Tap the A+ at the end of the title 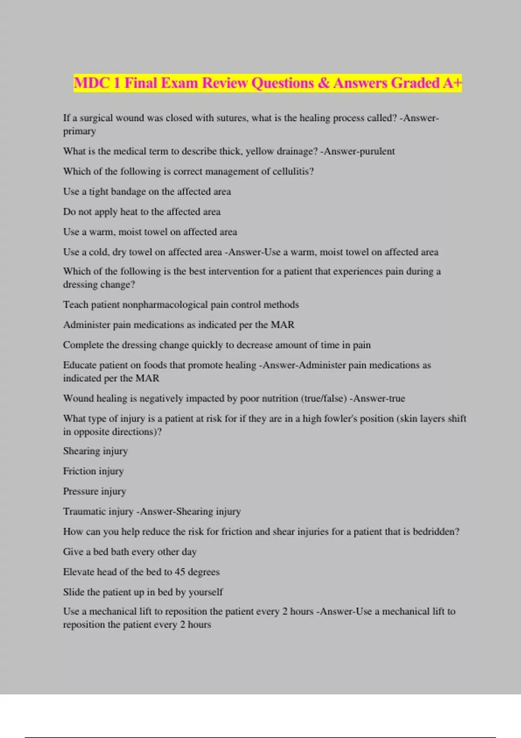point(452,83)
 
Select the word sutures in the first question point(230,118)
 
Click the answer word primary point(79,131)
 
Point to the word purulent point(377,152)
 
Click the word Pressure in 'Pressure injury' point(78,491)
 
